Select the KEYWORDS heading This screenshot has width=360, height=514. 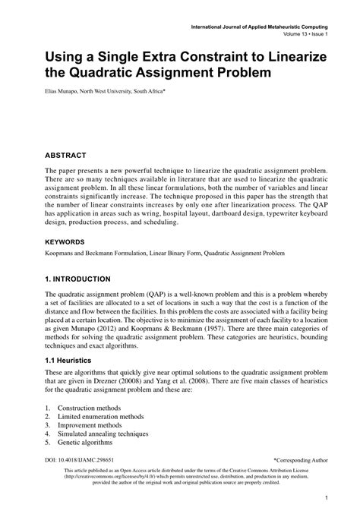point(70,243)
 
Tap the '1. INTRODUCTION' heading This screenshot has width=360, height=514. point(83,279)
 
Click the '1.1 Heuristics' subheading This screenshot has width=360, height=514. point(74,359)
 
